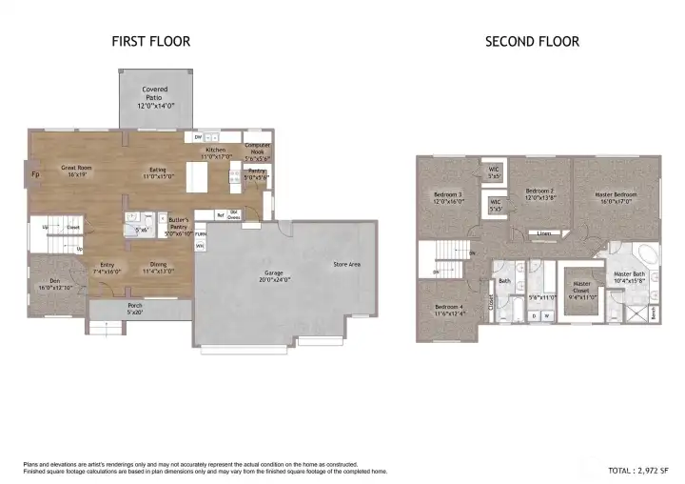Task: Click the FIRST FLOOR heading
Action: pos(150,41)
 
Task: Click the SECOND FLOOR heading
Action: pos(532,41)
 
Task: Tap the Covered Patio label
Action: pos(155,93)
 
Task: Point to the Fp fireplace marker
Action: pos(35,174)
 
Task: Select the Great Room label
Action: pos(76,171)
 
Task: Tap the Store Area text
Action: pos(345,264)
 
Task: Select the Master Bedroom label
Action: pos(616,197)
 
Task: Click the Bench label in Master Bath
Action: pos(653,312)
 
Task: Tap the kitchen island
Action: pos(197,177)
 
